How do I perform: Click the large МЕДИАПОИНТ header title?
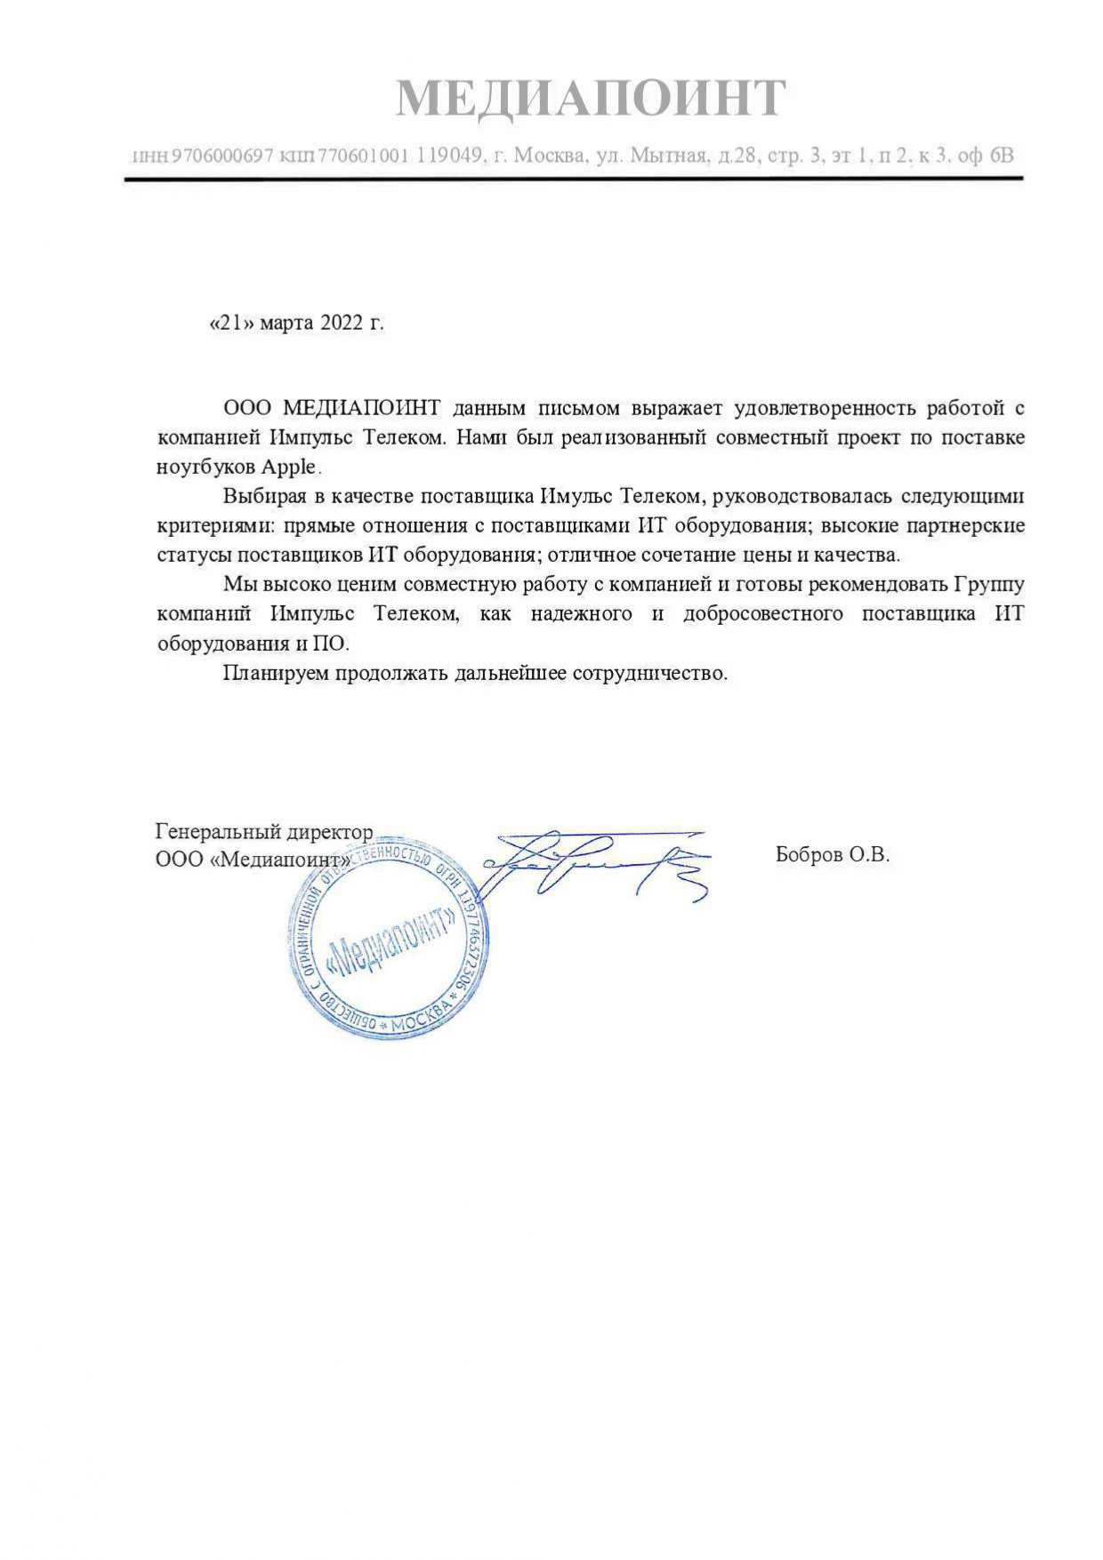pos(591,98)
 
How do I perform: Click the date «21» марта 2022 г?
pos(296,323)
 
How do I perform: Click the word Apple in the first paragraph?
pos(288,467)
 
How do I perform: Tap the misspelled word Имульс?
pos(576,496)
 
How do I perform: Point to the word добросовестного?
pos(762,613)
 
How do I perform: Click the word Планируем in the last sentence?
pos(277,672)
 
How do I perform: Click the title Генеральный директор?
pos(264,832)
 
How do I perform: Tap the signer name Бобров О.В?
pos(832,855)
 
